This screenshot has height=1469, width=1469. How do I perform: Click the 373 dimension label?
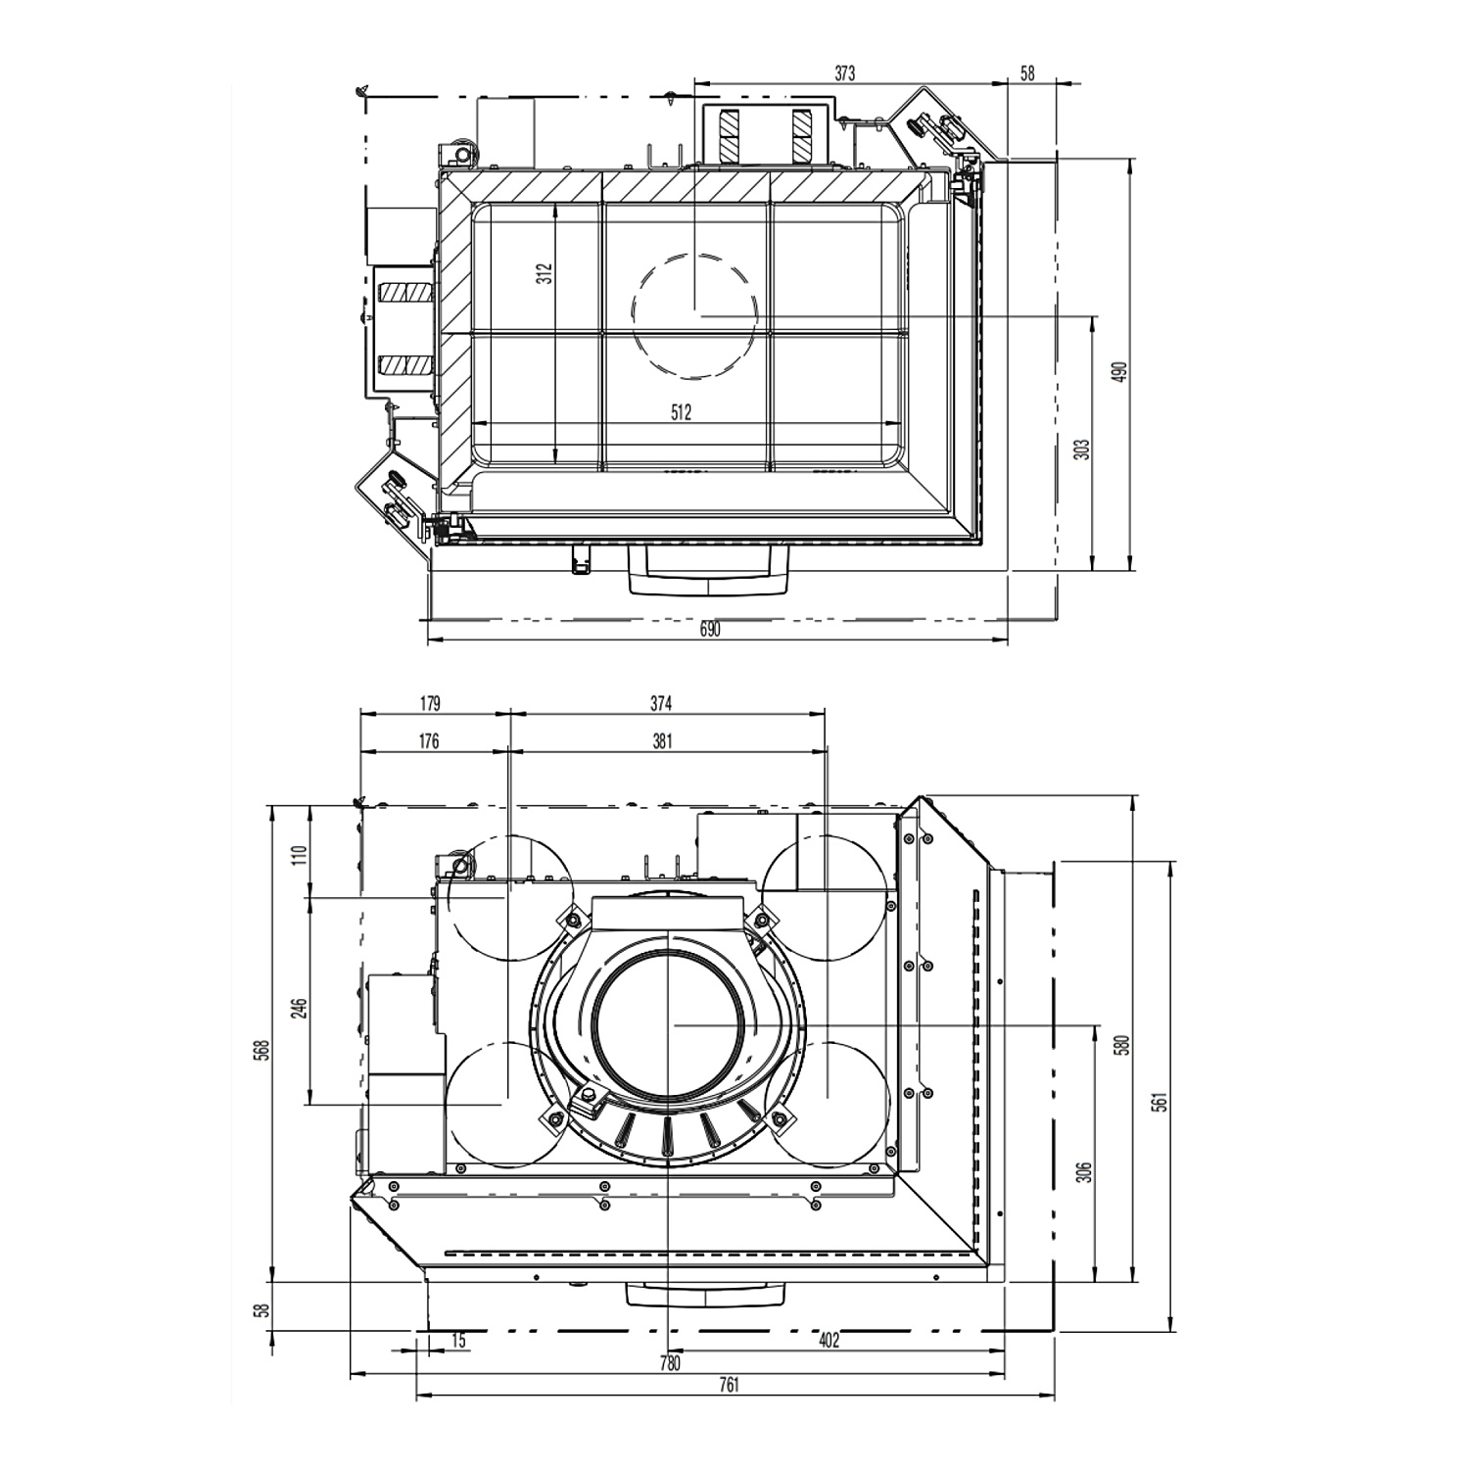pyautogui.click(x=844, y=72)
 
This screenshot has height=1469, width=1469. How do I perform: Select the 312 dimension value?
pyautogui.click(x=545, y=273)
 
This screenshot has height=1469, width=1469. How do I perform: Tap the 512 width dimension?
pyautogui.click(x=682, y=412)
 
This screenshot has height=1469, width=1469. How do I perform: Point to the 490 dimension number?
pyautogui.click(x=1122, y=372)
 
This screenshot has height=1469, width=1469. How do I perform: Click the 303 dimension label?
pyautogui.click(x=1082, y=450)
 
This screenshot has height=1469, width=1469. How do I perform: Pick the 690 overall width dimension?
pyautogui.click(x=710, y=630)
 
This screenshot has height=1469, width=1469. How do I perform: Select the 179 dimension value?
pyautogui.click(x=430, y=703)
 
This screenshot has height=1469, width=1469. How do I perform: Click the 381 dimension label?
pyautogui.click(x=663, y=741)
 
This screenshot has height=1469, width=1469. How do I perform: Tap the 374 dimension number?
pyautogui.click(x=663, y=703)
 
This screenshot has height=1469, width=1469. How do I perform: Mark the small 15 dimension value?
pyautogui.click(x=458, y=1341)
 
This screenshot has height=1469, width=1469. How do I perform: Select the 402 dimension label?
pyautogui.click(x=829, y=1341)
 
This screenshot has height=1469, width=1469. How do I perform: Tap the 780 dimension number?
pyautogui.click(x=670, y=1363)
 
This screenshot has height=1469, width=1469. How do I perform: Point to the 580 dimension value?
pyautogui.click(x=1124, y=1045)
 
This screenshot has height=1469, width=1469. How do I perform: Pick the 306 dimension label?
pyautogui.click(x=1083, y=1172)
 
